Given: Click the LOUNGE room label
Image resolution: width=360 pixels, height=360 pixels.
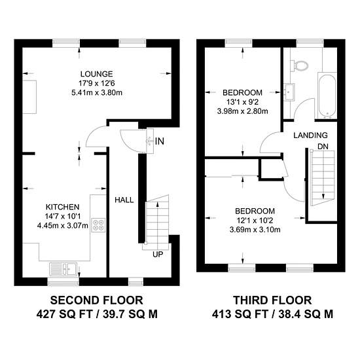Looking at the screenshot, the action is point(97,74).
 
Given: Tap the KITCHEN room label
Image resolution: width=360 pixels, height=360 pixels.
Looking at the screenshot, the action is point(62,207).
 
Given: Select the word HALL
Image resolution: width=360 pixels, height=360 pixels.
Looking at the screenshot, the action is point(124,200).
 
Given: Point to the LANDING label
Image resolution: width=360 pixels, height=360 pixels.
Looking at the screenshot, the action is point(310,135).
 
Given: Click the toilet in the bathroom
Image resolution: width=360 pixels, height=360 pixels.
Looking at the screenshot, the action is point(299,65).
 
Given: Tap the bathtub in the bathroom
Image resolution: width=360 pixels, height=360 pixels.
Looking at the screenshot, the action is point(327,96).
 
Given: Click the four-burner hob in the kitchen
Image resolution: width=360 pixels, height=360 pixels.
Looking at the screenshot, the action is point(98,225).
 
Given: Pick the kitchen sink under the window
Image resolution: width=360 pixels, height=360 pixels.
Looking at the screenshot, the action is point(63,268).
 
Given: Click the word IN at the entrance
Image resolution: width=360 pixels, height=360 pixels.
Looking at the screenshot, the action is point(160,141).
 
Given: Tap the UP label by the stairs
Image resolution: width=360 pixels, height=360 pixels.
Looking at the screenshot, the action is point(158,254).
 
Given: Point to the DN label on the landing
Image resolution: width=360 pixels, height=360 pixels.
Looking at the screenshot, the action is point(323,146).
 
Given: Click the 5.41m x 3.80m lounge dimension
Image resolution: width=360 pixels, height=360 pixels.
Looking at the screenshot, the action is point(97,93).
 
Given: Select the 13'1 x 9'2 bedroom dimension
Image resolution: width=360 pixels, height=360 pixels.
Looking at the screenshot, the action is point(242,101).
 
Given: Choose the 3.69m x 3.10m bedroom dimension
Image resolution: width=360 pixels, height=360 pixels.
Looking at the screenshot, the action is point(255,229).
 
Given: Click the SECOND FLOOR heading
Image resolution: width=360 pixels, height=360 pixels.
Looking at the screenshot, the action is point(97,300).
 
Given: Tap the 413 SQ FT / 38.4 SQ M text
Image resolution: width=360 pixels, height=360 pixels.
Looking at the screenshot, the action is point(272,314).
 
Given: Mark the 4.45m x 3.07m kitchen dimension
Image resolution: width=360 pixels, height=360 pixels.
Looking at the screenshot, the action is point(62,226).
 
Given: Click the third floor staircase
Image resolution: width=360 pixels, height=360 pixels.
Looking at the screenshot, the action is point(322,177).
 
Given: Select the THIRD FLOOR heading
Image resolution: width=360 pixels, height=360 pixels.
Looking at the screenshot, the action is point(272,300).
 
